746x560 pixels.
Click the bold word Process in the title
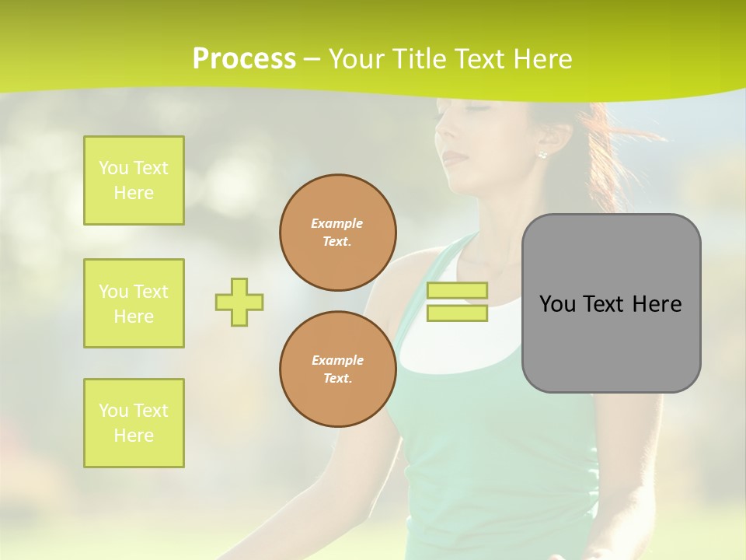coord(244,59)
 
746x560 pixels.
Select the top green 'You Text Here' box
coord(134,180)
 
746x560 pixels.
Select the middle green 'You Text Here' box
coord(134,303)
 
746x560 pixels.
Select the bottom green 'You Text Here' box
coord(134,423)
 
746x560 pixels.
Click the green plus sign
coord(239,302)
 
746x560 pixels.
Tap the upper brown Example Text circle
coord(338,233)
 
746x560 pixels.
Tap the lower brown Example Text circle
coord(338,369)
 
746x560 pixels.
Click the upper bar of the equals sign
coord(457,290)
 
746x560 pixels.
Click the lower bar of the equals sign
coord(457,313)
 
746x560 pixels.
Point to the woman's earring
coord(542,154)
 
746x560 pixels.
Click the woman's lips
coord(455,158)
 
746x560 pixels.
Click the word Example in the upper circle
coord(337,223)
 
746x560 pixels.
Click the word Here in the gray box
coord(658,304)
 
